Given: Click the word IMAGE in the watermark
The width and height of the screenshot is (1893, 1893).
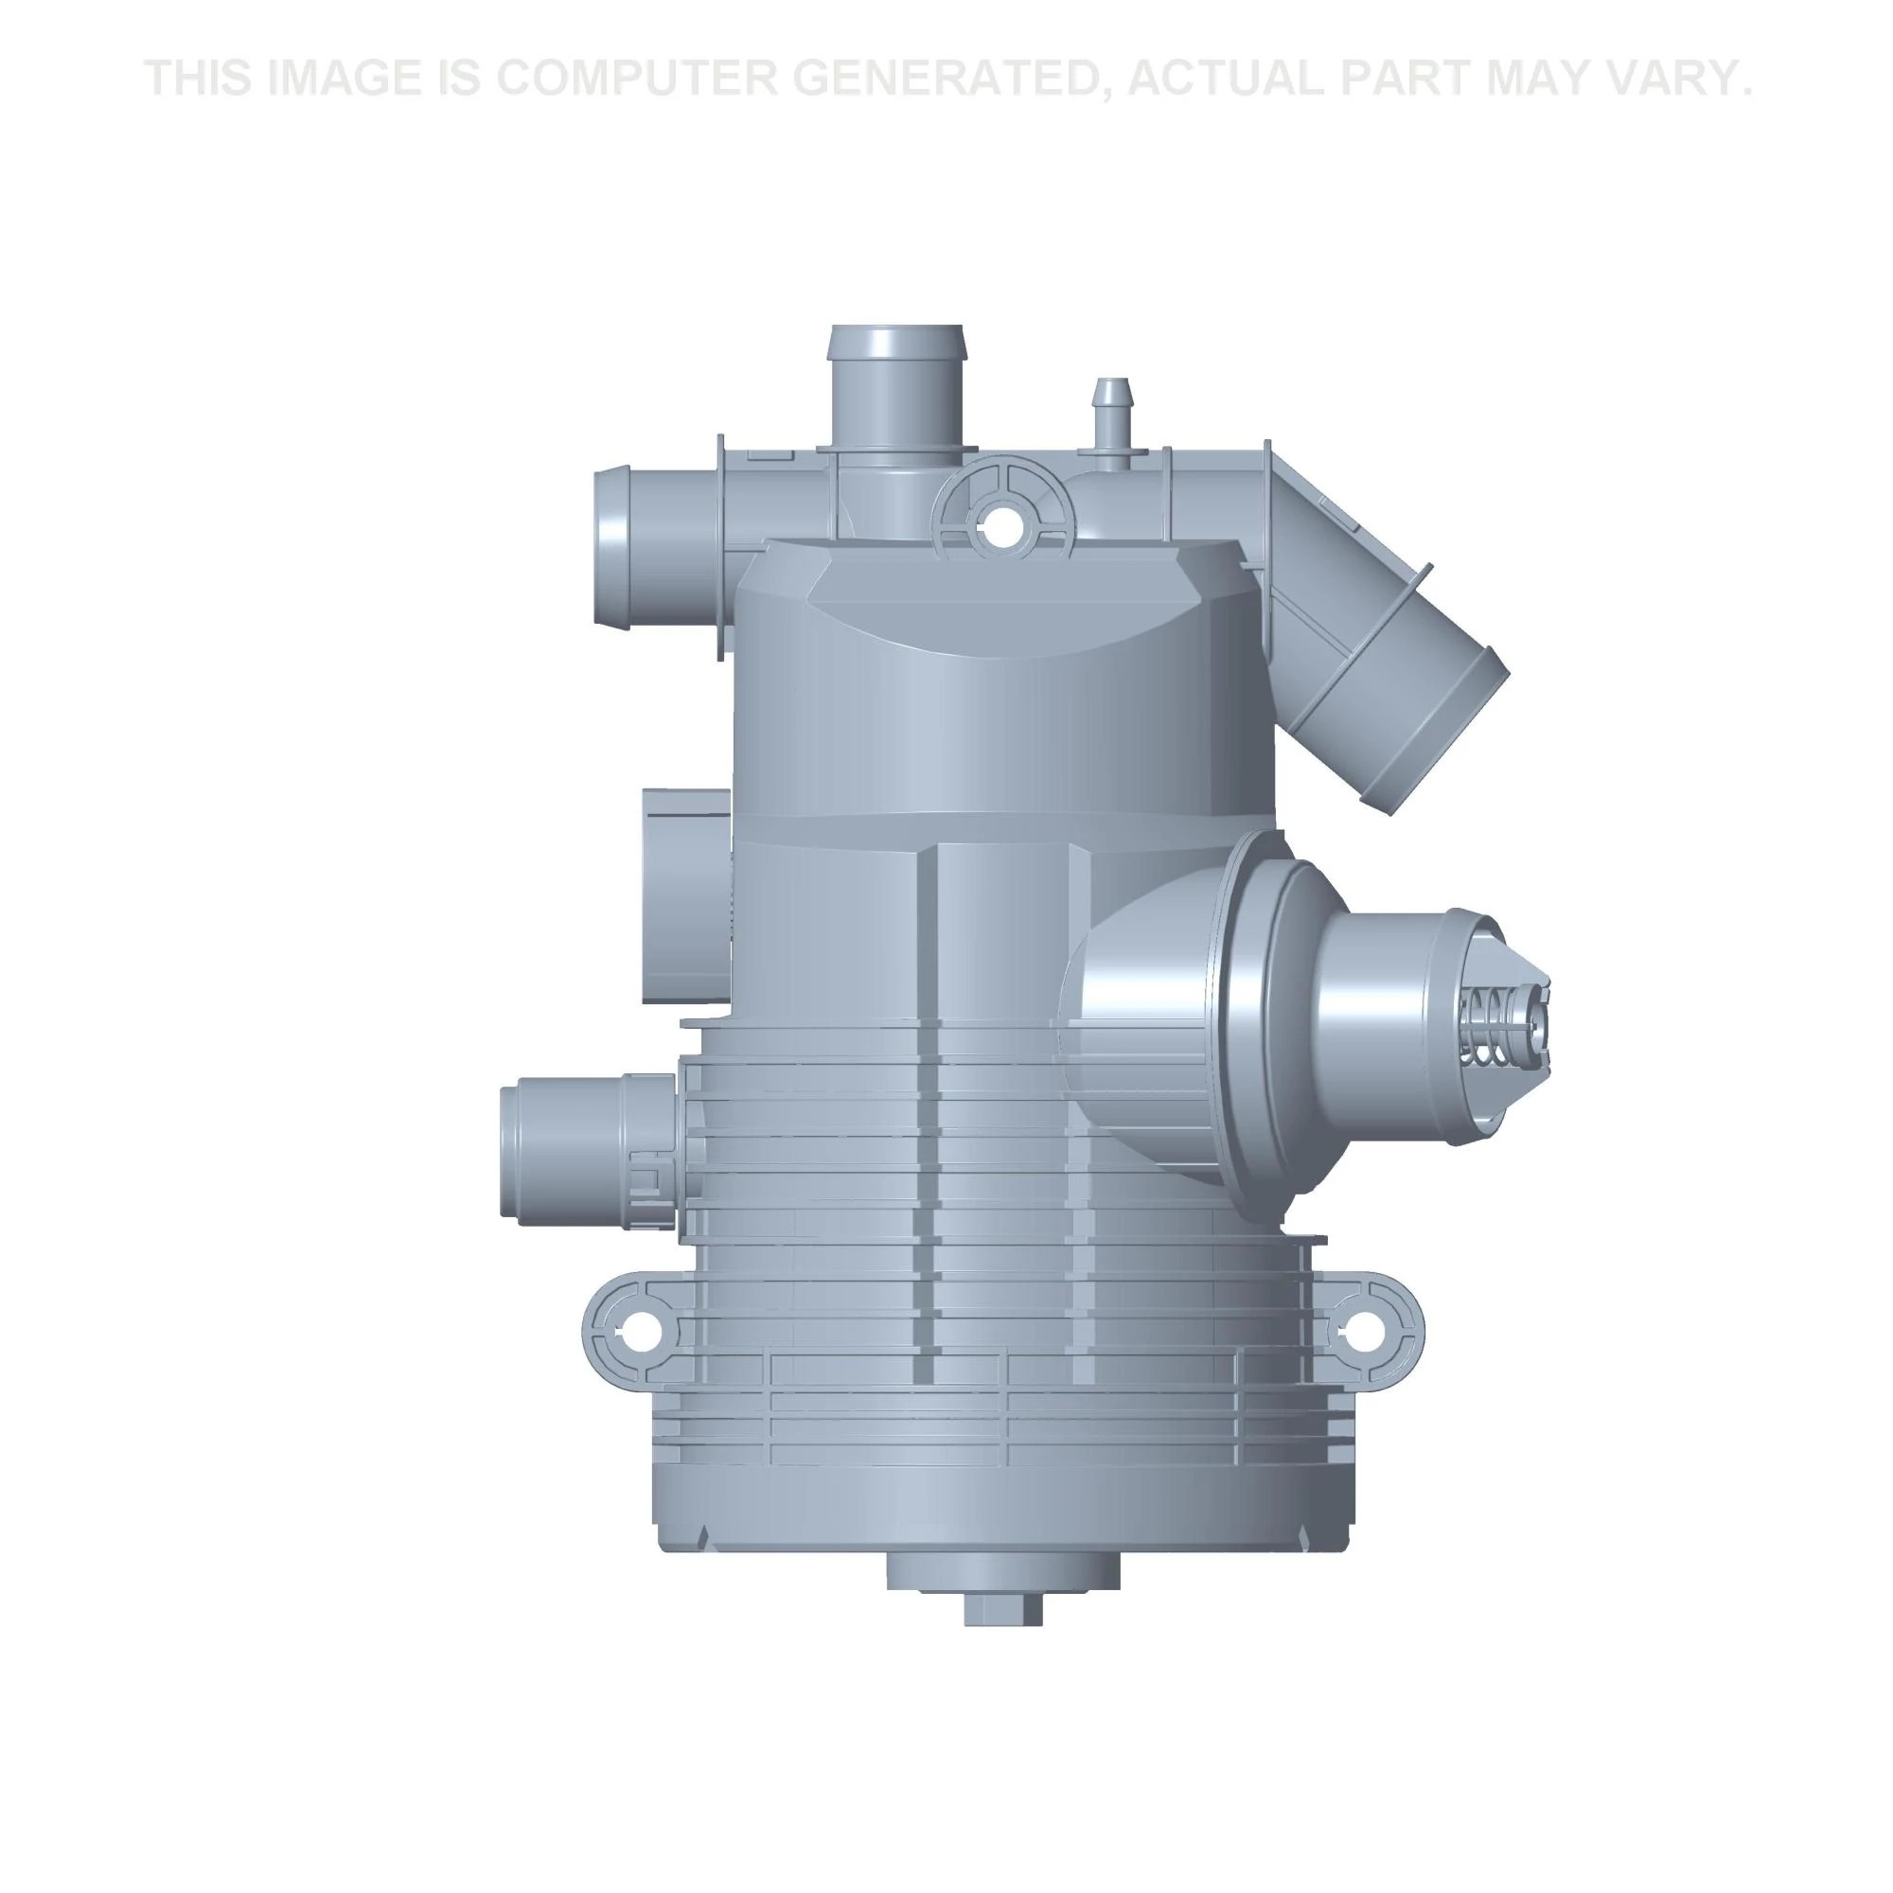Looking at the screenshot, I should [339, 79].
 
